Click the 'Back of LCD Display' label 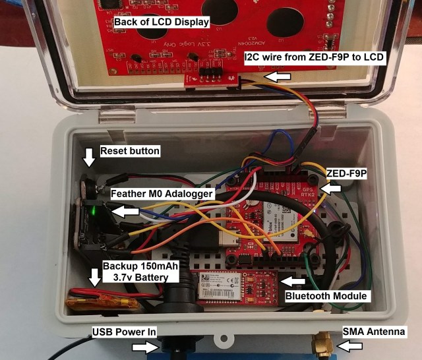tap(162, 22)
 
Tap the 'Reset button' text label tap(129, 151)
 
